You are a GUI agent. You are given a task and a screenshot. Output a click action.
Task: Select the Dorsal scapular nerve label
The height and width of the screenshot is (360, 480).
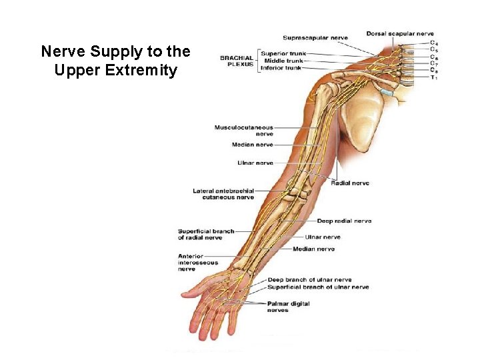click(400, 34)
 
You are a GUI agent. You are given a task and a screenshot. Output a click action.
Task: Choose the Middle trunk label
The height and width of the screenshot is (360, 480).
click(283, 61)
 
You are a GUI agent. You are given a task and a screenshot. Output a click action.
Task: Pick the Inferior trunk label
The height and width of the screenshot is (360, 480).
click(281, 68)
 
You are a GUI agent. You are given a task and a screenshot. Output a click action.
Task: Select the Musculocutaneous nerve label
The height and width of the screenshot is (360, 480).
click(244, 130)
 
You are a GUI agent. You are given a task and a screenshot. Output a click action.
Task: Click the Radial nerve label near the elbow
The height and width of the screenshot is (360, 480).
click(350, 183)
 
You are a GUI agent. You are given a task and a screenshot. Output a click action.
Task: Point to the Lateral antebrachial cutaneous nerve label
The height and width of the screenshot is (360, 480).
click(223, 194)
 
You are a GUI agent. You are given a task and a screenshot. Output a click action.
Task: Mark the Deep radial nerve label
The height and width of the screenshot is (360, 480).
click(344, 221)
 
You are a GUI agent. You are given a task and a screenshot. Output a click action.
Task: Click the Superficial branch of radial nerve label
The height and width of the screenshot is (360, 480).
click(206, 235)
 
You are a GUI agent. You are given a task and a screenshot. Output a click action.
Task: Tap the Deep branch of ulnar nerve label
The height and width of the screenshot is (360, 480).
click(309, 280)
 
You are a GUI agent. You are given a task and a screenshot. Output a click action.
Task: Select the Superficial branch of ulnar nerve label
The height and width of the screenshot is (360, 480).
click(318, 287)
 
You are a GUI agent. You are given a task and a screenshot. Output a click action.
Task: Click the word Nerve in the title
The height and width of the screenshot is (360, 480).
click(59, 51)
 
